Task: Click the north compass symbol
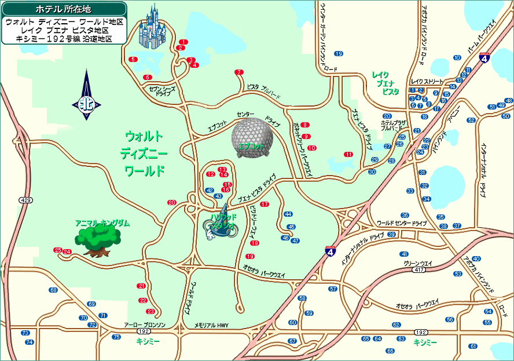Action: pyautogui.click(x=87, y=96)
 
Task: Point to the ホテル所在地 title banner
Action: pyautogui.click(x=64, y=9)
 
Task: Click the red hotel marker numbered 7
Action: pyautogui.click(x=238, y=72)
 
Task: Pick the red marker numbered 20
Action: pyautogui.click(x=171, y=202)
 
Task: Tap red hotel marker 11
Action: pyautogui.click(x=348, y=155)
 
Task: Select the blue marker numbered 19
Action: pyautogui.click(x=339, y=54)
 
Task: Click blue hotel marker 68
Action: pyautogui.click(x=53, y=290)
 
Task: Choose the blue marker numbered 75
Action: pyautogui.click(x=116, y=337)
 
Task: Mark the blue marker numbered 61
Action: pyautogui.click(x=473, y=346)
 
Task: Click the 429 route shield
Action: pyautogui.click(x=25, y=200)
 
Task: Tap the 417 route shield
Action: pyautogui.click(x=419, y=269)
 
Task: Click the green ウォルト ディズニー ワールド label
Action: pyautogui.click(x=144, y=154)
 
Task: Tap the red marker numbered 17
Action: pyautogui.click(x=265, y=205)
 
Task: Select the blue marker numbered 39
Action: pyautogui.click(x=392, y=235)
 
